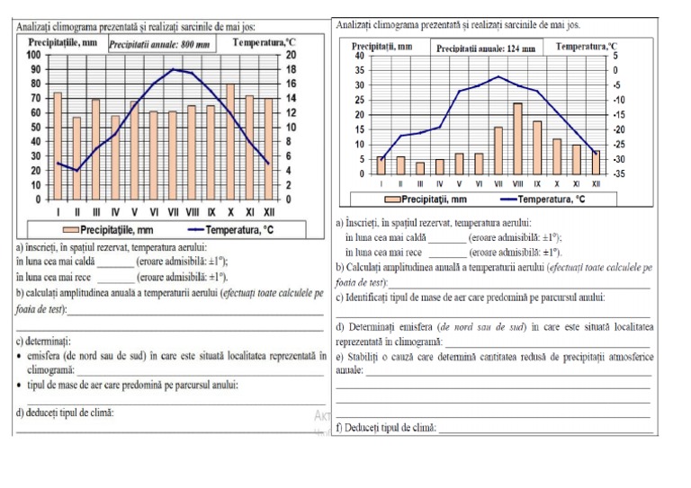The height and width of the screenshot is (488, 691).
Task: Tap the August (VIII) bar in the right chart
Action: tap(518, 138)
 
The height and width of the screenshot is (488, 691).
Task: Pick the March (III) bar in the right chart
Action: tap(420, 168)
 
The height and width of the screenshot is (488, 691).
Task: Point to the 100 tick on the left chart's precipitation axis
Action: tap(34, 55)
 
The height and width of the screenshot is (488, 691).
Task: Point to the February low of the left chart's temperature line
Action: tap(76, 171)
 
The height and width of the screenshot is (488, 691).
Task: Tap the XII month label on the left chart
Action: tap(268, 213)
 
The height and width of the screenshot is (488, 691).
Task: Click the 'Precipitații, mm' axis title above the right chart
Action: tap(382, 45)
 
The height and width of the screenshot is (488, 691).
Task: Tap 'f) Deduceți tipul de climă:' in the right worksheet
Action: tap(385, 428)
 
